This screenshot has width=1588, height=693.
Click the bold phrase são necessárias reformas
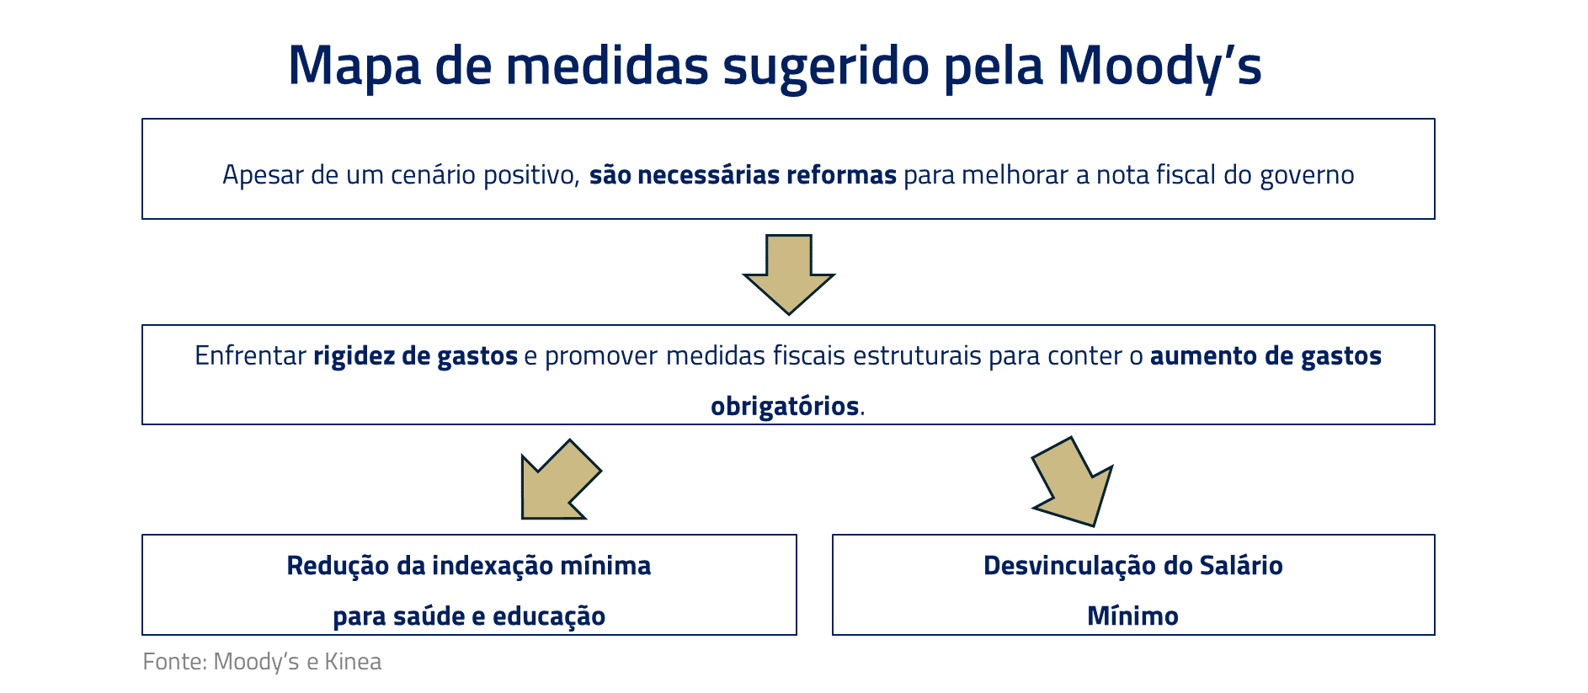point(743,175)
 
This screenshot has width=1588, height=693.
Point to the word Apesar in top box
point(263,176)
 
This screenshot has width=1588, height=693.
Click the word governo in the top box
point(1307,176)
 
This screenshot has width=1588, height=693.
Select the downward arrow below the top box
point(789,275)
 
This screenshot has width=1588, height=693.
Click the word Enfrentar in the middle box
point(250,355)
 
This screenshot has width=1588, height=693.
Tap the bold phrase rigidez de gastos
point(416,356)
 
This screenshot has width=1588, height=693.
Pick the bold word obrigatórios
point(785,407)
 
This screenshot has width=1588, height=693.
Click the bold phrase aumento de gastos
point(1266,356)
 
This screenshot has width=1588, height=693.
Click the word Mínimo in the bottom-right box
point(1132,616)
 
